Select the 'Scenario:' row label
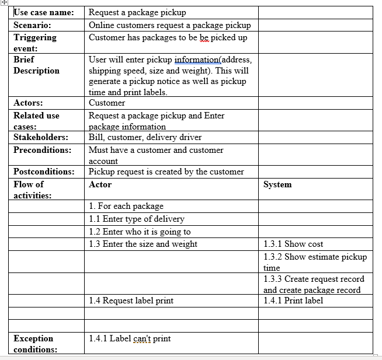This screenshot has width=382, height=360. click(32, 25)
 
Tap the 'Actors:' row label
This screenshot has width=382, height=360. click(28, 103)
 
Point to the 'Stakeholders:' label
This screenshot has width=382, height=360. click(41, 137)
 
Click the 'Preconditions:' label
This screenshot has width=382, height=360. click(43, 150)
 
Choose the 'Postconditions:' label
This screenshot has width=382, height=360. click(44, 172)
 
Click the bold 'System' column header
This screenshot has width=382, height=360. click(277, 184)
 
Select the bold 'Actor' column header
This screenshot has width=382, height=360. click(100, 184)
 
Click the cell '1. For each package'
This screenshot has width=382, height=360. click(126, 206)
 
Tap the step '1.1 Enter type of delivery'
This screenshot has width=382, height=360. click(136, 219)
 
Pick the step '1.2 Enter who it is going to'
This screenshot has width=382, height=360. click(140, 232)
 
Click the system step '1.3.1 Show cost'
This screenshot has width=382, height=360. click(293, 244)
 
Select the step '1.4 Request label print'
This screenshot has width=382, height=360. click(131, 301)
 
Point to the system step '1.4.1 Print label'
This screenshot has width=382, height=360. click(293, 301)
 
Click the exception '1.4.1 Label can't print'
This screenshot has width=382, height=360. click(130, 338)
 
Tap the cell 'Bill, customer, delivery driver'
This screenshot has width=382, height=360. click(145, 137)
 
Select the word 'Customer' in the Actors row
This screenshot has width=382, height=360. click(107, 103)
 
